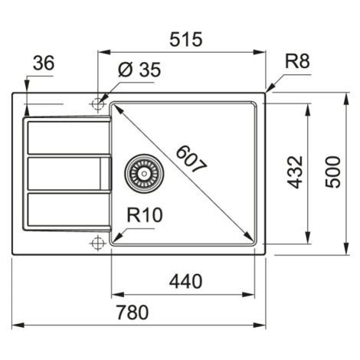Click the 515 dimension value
click(186, 39)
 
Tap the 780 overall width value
click(133, 312)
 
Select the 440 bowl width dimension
click(185, 281)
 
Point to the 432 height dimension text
click(295, 172)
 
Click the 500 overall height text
click(333, 172)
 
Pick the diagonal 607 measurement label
click(191, 159)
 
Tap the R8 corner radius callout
click(297, 61)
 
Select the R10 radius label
click(145, 214)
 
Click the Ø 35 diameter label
click(139, 69)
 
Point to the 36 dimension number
click(44, 63)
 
